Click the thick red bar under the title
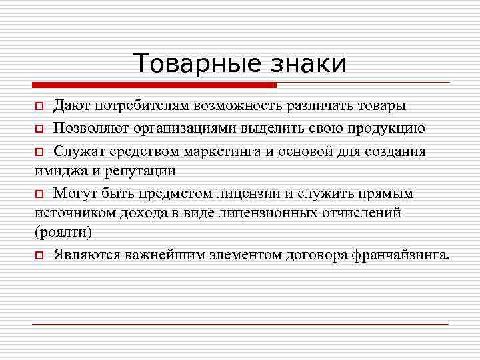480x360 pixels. click(154, 85)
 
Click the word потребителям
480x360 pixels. click(140, 106)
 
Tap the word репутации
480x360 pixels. click(144, 170)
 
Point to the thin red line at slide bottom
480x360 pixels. click(240, 324)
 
